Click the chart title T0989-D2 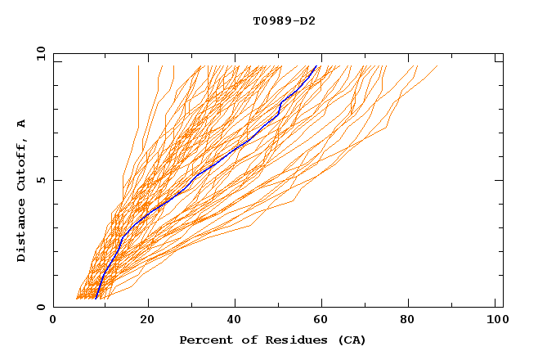(x=284, y=20)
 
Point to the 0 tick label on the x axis (x=53, y=320)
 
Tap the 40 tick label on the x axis (x=235, y=320)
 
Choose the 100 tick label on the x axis (x=496, y=320)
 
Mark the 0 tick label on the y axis (x=41, y=307)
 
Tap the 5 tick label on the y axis (x=41, y=180)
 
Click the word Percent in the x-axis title (x=203, y=340)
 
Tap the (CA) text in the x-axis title (x=352, y=340)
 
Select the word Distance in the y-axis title (x=22, y=232)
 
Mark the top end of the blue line (x=317, y=65)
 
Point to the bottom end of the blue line (x=96, y=299)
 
